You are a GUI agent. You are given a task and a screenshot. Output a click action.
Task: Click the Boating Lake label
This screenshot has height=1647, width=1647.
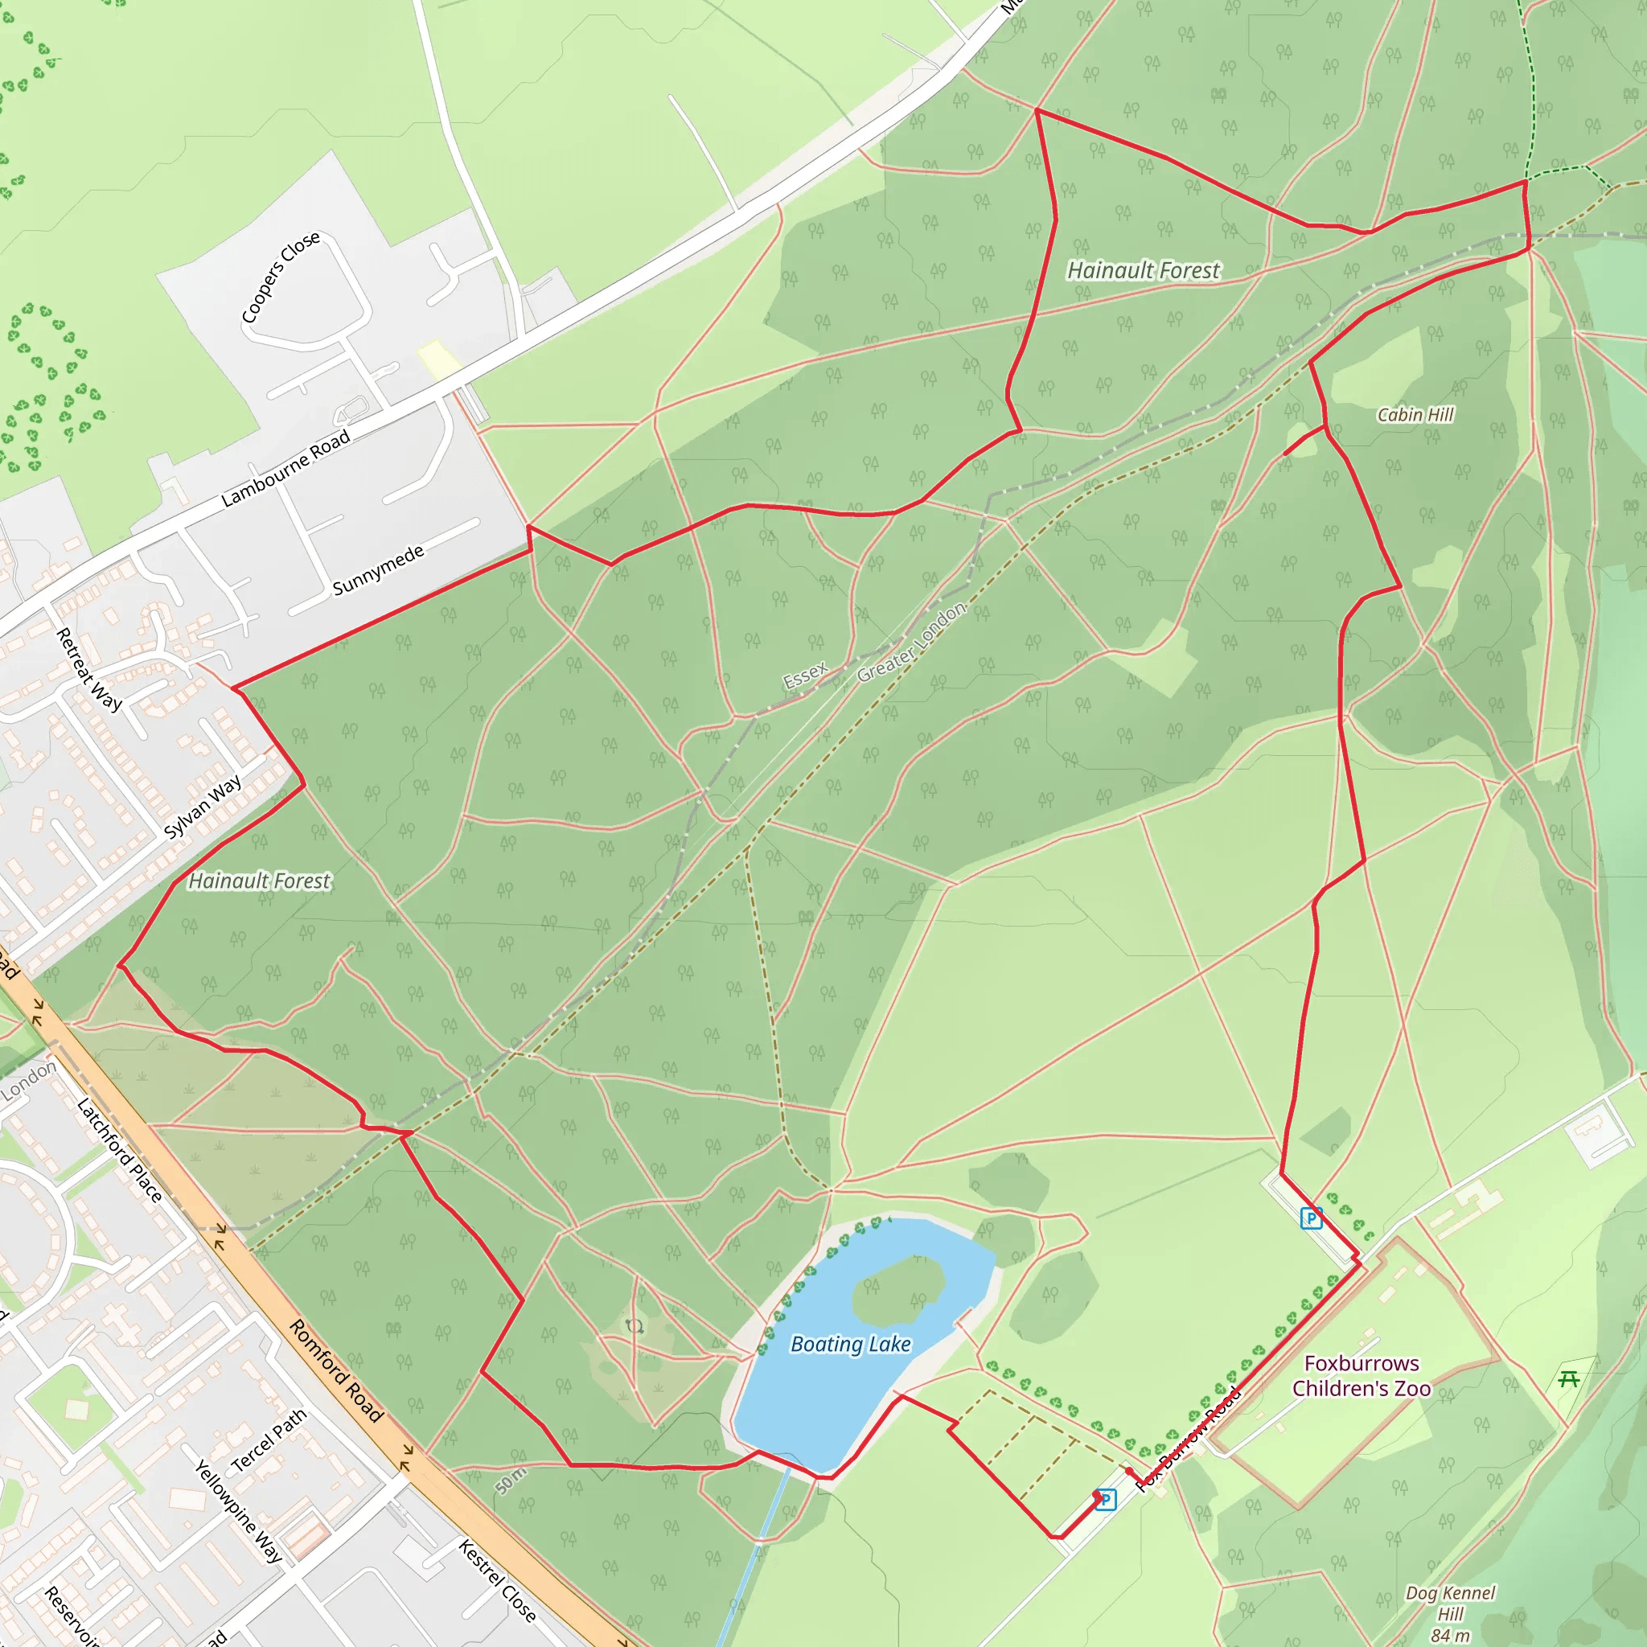851,1345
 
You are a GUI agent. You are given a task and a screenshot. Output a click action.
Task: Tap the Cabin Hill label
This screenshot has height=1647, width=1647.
1415,415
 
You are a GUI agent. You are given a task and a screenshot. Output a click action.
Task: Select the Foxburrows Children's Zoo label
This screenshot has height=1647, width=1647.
1362,1376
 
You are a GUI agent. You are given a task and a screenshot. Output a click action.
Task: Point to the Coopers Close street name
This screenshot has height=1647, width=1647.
281,277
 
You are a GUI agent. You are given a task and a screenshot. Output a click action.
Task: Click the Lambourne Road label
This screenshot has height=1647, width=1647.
285,468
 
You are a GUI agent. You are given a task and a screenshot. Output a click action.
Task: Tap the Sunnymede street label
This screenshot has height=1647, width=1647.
378,570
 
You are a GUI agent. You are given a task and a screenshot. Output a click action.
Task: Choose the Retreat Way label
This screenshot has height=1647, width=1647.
88,669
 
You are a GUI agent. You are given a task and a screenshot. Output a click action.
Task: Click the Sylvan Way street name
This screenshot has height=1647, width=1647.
203,806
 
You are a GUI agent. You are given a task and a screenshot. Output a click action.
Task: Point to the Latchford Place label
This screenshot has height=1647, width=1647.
119,1150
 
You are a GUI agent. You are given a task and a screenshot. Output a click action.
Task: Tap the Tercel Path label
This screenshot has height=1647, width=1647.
269,1440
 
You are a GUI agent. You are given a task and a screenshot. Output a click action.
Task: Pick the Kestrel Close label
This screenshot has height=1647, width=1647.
497,1580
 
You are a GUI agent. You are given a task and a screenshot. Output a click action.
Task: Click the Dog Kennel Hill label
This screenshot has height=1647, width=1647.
1450,1614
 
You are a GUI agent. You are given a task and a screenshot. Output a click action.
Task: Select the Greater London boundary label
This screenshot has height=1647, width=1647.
911,642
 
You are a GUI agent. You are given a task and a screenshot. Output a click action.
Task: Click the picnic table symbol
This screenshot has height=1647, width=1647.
1568,1378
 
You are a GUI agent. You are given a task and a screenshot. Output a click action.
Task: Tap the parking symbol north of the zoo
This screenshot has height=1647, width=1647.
1311,1218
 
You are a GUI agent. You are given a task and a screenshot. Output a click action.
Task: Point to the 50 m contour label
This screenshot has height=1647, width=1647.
511,1480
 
